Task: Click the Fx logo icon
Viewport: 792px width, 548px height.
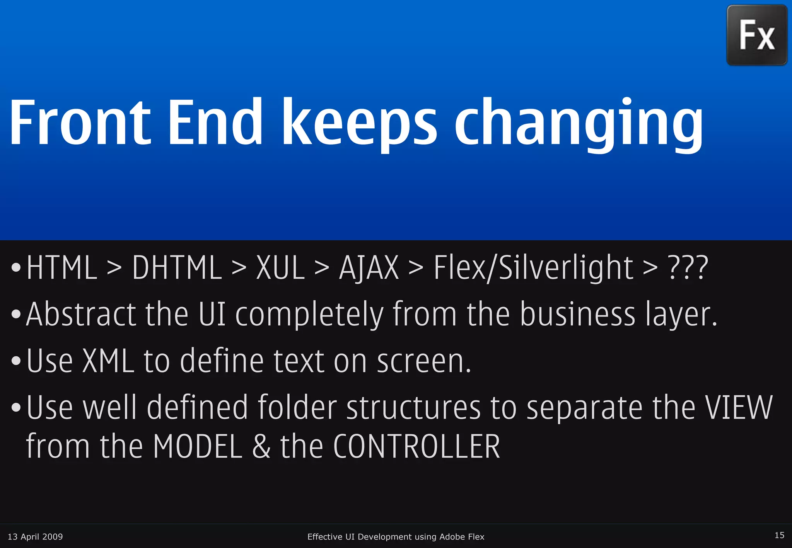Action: point(757,35)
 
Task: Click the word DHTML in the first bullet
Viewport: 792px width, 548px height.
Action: point(177,268)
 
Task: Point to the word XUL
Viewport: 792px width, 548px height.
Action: point(281,268)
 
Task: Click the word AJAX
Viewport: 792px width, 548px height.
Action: point(369,268)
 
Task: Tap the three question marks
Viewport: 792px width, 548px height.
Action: point(688,268)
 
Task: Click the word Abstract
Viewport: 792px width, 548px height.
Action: point(80,315)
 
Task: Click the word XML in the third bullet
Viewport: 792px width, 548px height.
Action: point(108,361)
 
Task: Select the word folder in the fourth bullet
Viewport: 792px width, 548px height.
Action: point(297,407)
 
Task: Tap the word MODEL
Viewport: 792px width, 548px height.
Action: point(198,447)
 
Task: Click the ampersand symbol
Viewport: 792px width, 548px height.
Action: point(261,447)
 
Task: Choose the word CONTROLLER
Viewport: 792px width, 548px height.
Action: point(416,447)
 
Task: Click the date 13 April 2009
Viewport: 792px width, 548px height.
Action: point(35,537)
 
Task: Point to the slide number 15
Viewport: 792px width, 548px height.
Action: point(779,535)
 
